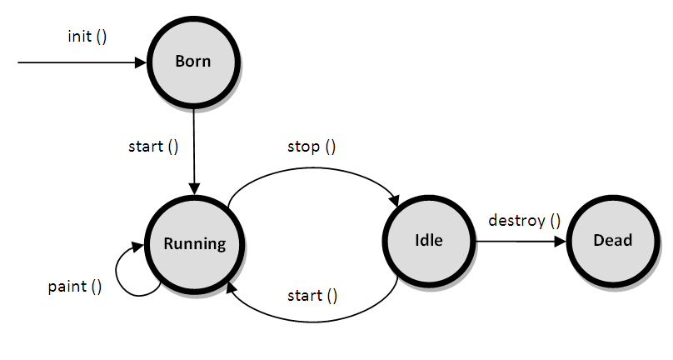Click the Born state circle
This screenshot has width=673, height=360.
pyautogui.click(x=193, y=61)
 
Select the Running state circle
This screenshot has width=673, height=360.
pyautogui.click(x=194, y=243)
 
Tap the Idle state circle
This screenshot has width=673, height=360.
pyautogui.click(x=427, y=241)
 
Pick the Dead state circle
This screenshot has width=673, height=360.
pyautogui.click(x=612, y=241)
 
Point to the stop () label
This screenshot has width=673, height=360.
pyautogui.click(x=311, y=147)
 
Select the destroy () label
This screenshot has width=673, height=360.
pyautogui.click(x=524, y=221)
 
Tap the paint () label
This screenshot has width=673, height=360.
pyautogui.click(x=75, y=287)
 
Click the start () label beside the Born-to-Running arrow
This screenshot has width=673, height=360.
pyautogui.click(x=153, y=147)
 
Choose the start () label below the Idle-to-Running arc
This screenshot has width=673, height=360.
pyautogui.click(x=312, y=295)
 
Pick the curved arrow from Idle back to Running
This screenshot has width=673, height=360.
pyautogui.click(x=317, y=316)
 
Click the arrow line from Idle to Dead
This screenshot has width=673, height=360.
pyautogui.click(x=516, y=242)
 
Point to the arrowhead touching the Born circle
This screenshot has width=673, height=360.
pyautogui.click(x=141, y=62)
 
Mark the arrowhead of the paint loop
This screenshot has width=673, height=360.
pyautogui.click(x=140, y=247)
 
